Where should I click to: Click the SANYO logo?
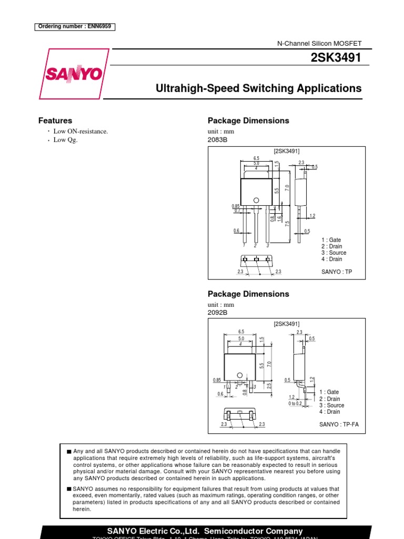pos(74,74)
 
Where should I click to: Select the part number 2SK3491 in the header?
pos(337,58)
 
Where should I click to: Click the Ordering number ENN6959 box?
pos(75,27)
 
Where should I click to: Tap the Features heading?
pos(55,121)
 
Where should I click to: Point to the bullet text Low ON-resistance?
pos(80,131)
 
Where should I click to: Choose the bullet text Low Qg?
pos(65,140)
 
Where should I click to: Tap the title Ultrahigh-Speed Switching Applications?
pos(259,88)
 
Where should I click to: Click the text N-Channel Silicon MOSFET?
pos(319,44)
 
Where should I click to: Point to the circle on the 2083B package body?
pos(256,199)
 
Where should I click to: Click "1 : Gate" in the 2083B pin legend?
pos(331,240)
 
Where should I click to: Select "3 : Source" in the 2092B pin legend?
pos(332,405)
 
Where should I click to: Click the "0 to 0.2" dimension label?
pos(295,404)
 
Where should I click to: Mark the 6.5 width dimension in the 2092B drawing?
pos(241,332)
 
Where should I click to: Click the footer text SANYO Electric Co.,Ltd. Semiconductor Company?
pos(205,531)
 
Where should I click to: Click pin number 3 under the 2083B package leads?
pos(268,245)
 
